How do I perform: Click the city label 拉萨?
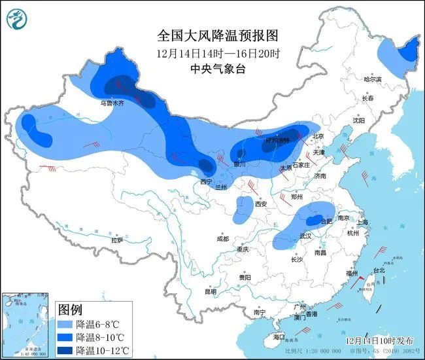[x=117, y=240]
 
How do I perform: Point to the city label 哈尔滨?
[x=372, y=79]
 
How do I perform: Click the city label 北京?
[x=318, y=136]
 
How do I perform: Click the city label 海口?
[x=279, y=336]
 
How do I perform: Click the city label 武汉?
[x=305, y=236]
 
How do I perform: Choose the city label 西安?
[x=262, y=204]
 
